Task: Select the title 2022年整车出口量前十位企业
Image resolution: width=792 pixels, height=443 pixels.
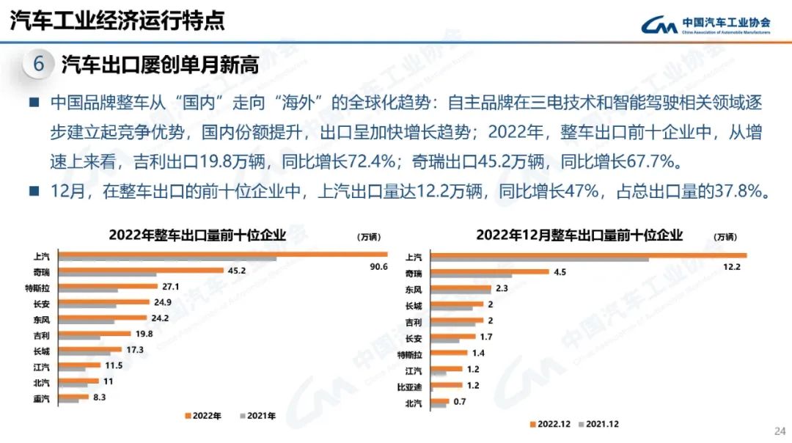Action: point(197,235)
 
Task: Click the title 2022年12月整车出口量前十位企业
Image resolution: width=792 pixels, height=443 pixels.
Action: point(579,235)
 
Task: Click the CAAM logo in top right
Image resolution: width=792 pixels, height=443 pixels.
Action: point(705,25)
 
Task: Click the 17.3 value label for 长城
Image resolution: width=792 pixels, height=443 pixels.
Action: point(134,350)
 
